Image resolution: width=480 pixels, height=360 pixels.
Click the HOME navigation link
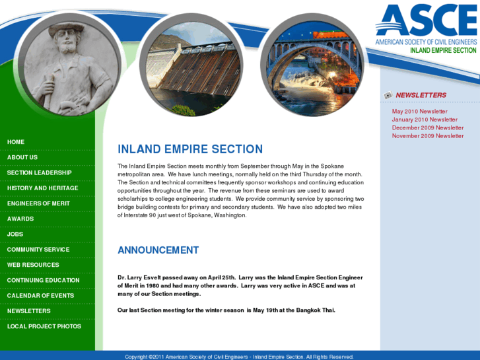pos(16,142)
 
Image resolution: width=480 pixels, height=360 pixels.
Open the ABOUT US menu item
pos(22,157)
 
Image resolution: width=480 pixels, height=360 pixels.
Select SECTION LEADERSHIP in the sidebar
pos(40,173)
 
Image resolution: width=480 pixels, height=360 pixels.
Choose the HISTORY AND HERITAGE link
pos(43,188)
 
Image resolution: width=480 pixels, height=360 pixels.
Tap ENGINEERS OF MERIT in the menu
pos(38,203)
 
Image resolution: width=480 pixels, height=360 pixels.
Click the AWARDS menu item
pos(20,219)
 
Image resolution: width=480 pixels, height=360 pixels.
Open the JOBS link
pos(15,234)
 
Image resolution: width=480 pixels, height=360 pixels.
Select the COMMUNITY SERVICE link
pos(38,250)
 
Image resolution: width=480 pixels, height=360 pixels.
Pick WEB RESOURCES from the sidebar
pos(33,265)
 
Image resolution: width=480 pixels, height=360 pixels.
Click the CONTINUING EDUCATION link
pos(44,280)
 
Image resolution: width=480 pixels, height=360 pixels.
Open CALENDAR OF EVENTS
pos(41,295)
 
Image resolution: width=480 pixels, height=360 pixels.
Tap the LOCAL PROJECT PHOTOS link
pos(44,326)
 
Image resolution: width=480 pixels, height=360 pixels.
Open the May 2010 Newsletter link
pos(419,112)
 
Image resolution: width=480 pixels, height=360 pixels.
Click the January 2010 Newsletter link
pos(425,120)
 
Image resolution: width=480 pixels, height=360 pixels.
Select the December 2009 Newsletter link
pos(428,127)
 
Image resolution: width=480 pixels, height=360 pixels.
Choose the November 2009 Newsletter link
pos(428,136)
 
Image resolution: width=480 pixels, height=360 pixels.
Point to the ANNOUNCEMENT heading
pos(158,250)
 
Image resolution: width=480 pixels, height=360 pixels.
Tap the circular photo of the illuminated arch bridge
pos(312,63)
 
